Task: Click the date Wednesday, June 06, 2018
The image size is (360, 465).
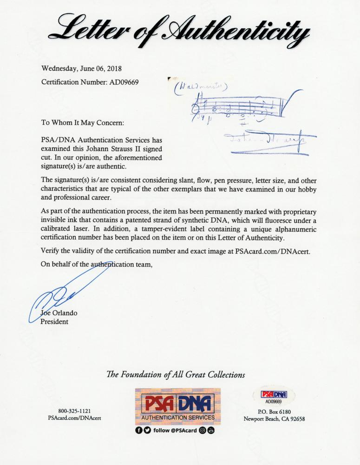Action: [x=81, y=69]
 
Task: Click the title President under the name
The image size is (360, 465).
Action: [x=55, y=321]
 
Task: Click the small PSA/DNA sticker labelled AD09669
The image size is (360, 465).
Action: [x=274, y=397]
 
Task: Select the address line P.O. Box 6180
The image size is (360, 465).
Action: [x=274, y=411]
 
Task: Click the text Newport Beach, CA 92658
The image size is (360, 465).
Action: [x=274, y=418]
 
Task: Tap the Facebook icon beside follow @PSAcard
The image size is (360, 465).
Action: [x=139, y=430]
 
